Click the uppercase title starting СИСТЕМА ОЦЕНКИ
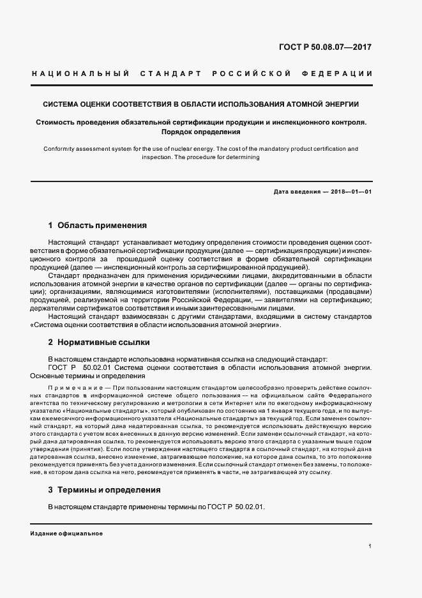click(200, 103)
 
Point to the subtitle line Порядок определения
click(200, 132)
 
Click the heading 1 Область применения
click(98, 226)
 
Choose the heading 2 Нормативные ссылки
click(99, 342)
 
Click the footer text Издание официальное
click(66, 533)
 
